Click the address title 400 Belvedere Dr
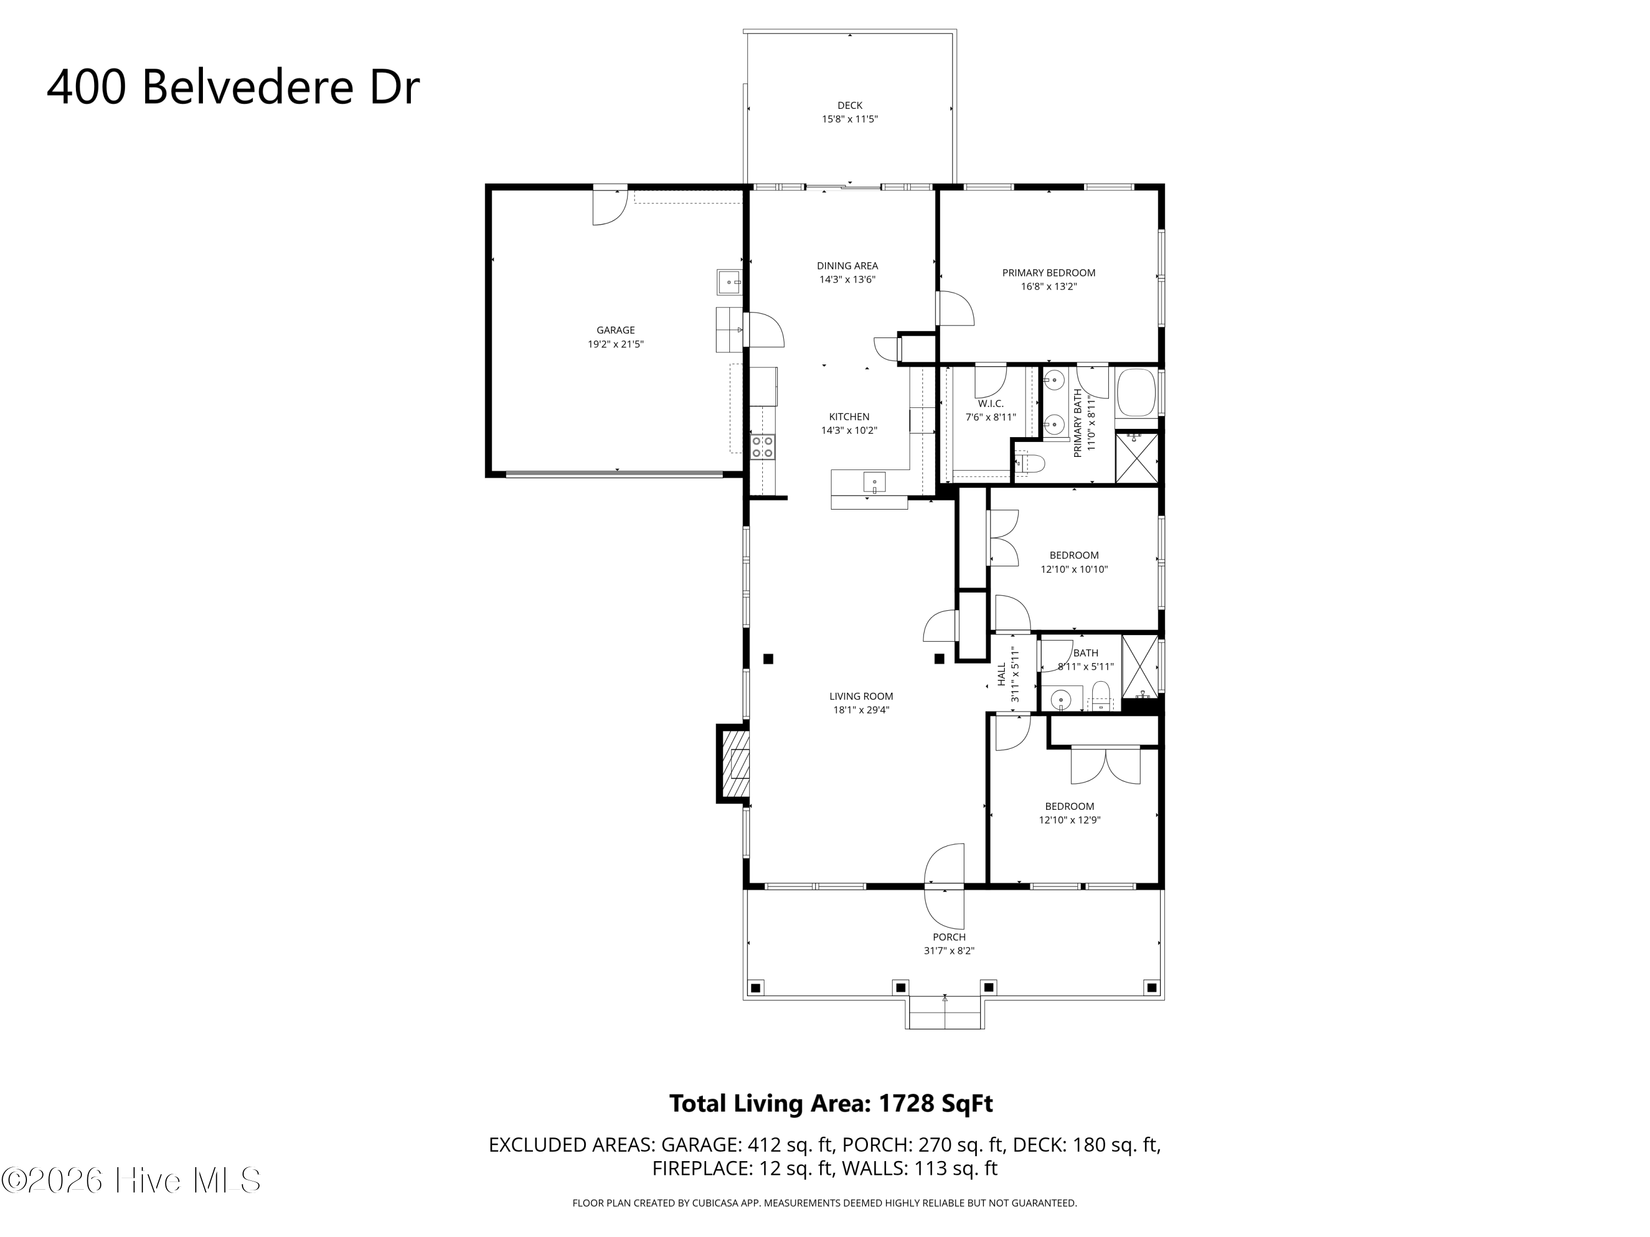pos(233,87)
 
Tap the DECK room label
pos(850,105)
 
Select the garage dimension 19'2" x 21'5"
pos(615,344)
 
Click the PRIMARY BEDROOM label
pos(1048,273)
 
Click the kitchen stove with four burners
pos(762,446)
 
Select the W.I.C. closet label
pos(991,404)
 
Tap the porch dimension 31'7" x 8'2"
pos(949,951)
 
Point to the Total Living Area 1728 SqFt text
pos(831,1103)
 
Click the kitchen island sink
pos(875,482)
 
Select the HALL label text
pos(1002,674)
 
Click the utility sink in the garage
pos(729,283)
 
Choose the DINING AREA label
pos(848,266)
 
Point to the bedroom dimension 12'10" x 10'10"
pos(1074,569)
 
